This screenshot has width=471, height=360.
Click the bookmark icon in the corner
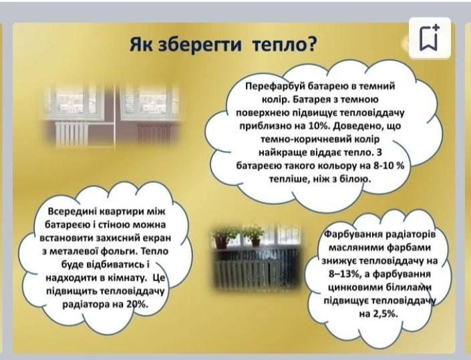pos(430,37)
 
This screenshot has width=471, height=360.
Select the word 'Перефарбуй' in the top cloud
pos(273,86)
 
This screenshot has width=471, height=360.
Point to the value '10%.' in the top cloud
pos(319,126)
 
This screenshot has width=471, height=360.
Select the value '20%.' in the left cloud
pos(137,305)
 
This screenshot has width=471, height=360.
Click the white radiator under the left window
pos(71,133)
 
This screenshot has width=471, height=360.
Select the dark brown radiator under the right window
pos(154,133)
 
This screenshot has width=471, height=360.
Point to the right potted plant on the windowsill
pos(254,236)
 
